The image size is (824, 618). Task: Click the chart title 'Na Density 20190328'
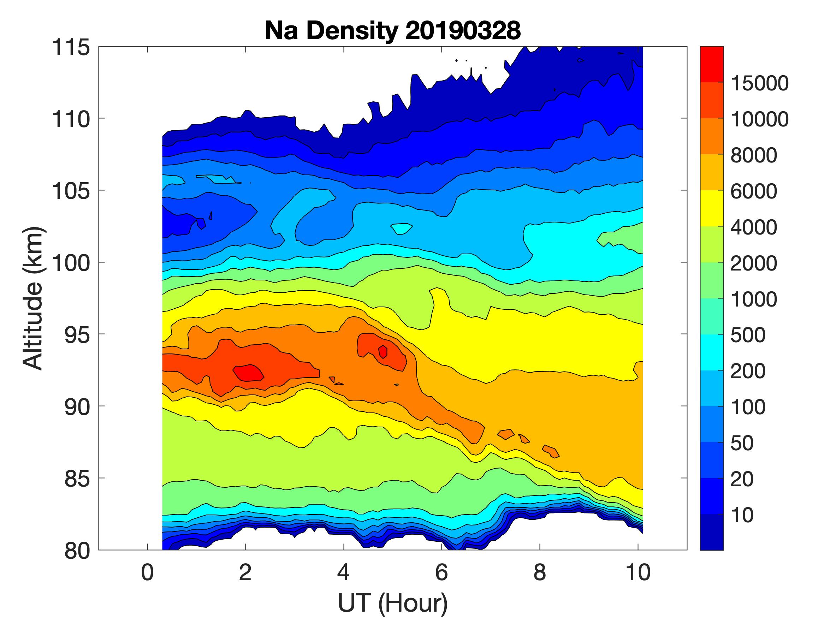coord(393,30)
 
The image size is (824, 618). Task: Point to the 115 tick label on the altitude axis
coord(71,47)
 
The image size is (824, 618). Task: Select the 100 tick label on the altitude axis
coord(71,263)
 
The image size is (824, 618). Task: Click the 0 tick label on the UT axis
coord(148,572)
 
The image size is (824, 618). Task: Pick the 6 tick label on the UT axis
coord(441,572)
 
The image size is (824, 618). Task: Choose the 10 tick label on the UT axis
coord(638,572)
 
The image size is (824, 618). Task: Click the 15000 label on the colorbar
coord(759,83)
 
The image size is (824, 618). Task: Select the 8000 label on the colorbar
coord(753,155)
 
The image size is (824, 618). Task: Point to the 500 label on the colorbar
coord(747,335)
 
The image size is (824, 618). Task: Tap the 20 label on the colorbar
coord(741,479)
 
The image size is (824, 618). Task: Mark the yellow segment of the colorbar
coord(711,209)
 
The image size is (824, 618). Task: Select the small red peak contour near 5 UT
coord(383,352)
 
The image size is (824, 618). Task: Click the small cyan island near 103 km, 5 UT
coord(402,228)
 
